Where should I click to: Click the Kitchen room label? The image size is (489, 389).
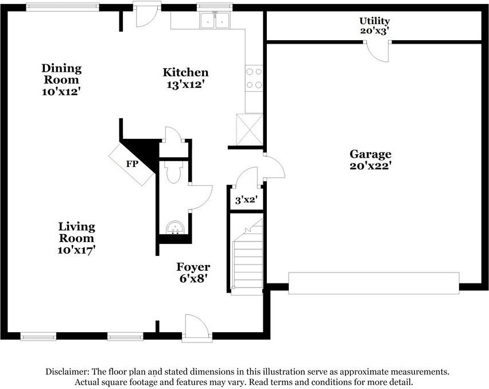(x=185, y=72)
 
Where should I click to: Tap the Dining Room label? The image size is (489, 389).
(x=62, y=74)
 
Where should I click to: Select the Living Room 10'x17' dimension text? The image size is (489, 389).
(x=76, y=250)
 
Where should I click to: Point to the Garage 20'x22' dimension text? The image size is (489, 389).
(x=371, y=165)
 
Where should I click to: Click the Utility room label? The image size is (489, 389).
(x=375, y=21)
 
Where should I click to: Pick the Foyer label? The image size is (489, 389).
(x=193, y=267)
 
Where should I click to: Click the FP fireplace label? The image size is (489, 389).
(x=132, y=164)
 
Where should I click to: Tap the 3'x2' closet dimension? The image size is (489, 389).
(x=246, y=200)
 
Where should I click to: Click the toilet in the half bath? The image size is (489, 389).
(x=174, y=172)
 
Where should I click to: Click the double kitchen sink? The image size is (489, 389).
(x=215, y=20)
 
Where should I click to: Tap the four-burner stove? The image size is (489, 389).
(x=254, y=78)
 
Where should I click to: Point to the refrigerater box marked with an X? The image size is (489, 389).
(x=250, y=130)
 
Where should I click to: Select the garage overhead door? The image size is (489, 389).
(x=374, y=283)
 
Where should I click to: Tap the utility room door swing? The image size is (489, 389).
(x=377, y=52)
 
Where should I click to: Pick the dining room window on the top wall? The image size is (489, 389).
(x=63, y=7)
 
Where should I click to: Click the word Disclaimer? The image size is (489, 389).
(x=67, y=372)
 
